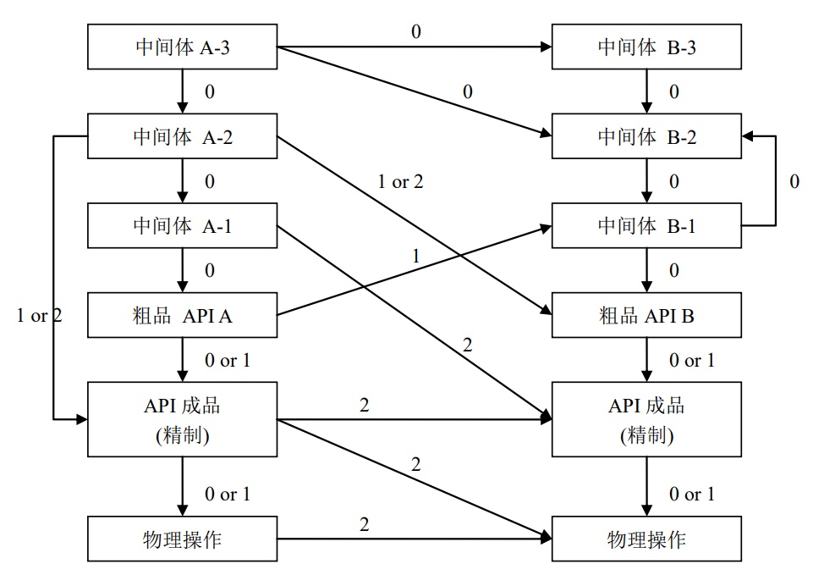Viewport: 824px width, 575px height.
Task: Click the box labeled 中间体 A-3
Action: pyautogui.click(x=183, y=47)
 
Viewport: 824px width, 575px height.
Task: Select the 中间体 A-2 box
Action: pyautogui.click(x=183, y=136)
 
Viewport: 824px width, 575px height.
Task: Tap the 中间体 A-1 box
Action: pyautogui.click(x=183, y=226)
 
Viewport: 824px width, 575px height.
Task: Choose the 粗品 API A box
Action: pyautogui.click(x=183, y=316)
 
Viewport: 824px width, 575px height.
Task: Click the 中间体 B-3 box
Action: pyautogui.click(x=647, y=47)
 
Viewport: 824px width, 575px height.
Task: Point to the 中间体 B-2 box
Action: pyautogui.click(x=647, y=136)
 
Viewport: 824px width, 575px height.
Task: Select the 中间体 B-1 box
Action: pyautogui.click(x=647, y=226)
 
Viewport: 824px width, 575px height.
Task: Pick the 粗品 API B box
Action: pyautogui.click(x=647, y=316)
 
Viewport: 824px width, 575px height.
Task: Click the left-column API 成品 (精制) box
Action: pyautogui.click(x=183, y=419)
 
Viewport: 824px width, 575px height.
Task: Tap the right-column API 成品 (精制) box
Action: pyautogui.click(x=647, y=419)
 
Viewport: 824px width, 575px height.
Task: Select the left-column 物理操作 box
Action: pyautogui.click(x=183, y=539)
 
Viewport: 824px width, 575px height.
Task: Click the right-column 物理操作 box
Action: pyautogui.click(x=647, y=539)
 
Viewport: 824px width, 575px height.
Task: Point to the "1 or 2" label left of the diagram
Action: pyautogui.click(x=39, y=316)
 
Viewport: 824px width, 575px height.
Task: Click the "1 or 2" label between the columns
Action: pyautogui.click(x=400, y=181)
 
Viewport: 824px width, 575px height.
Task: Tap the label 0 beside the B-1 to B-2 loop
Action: pyautogui.click(x=794, y=181)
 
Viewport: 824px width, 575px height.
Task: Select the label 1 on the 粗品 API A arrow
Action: pyautogui.click(x=415, y=255)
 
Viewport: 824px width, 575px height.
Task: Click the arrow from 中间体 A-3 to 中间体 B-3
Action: pyautogui.click(x=415, y=47)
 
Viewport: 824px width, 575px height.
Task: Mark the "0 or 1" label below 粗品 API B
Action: pyautogui.click(x=692, y=361)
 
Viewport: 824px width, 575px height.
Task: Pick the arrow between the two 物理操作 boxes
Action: pyautogui.click(x=415, y=539)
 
